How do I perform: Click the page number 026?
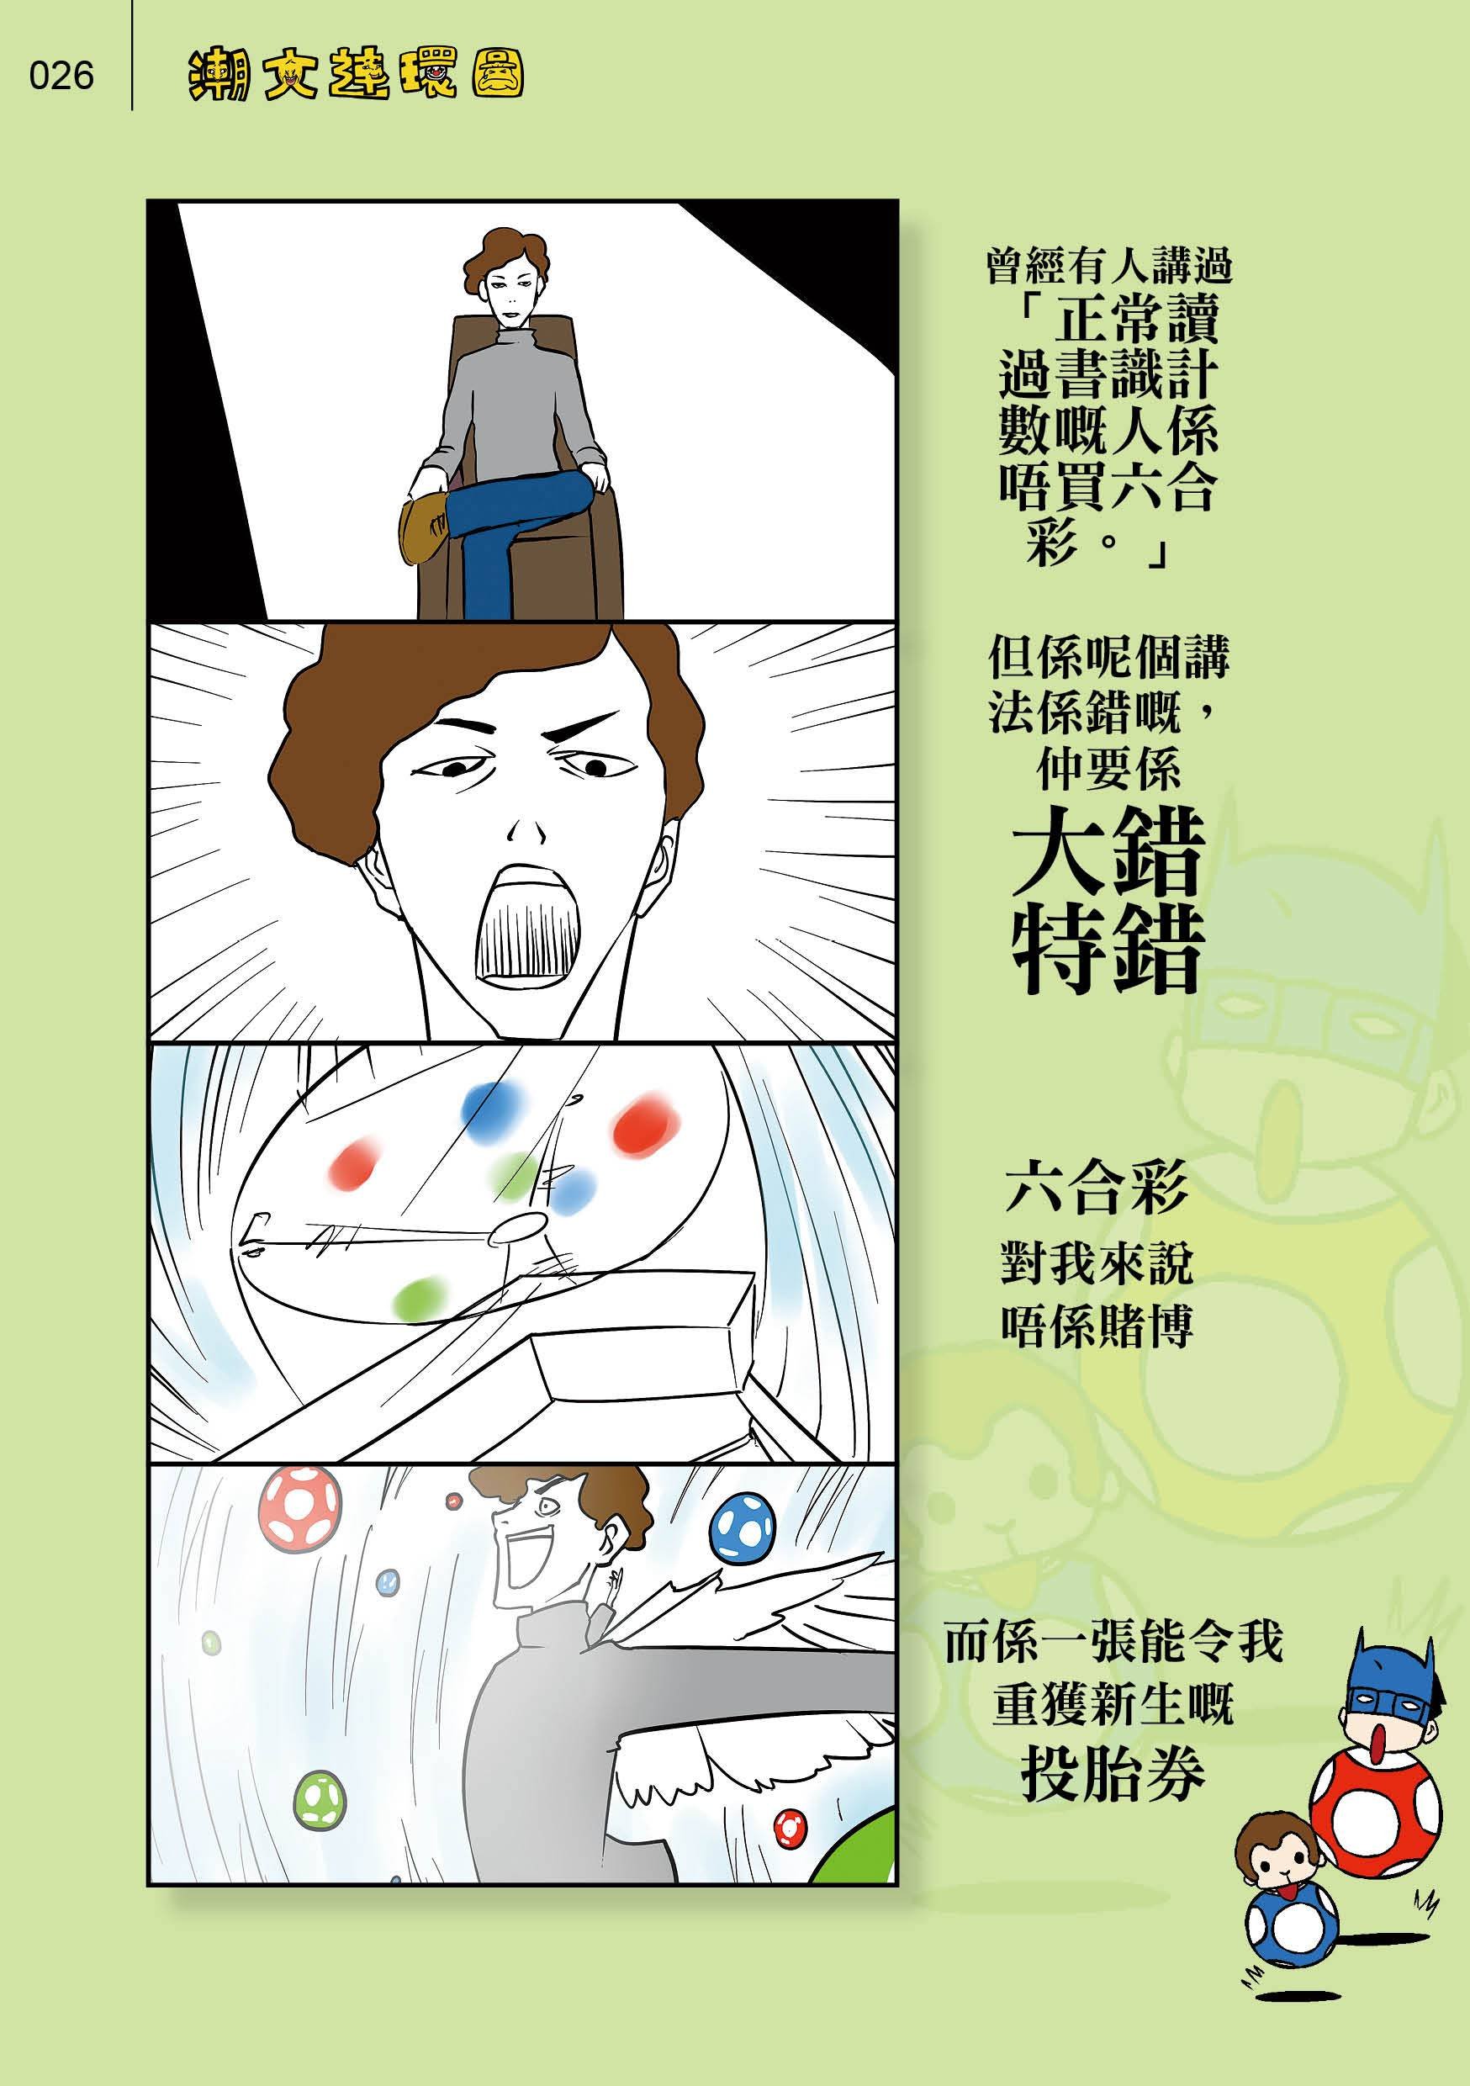coord(61,76)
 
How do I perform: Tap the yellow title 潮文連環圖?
coord(355,75)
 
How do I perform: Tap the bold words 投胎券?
coord(1112,1817)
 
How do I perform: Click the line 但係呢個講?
coord(1108,656)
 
